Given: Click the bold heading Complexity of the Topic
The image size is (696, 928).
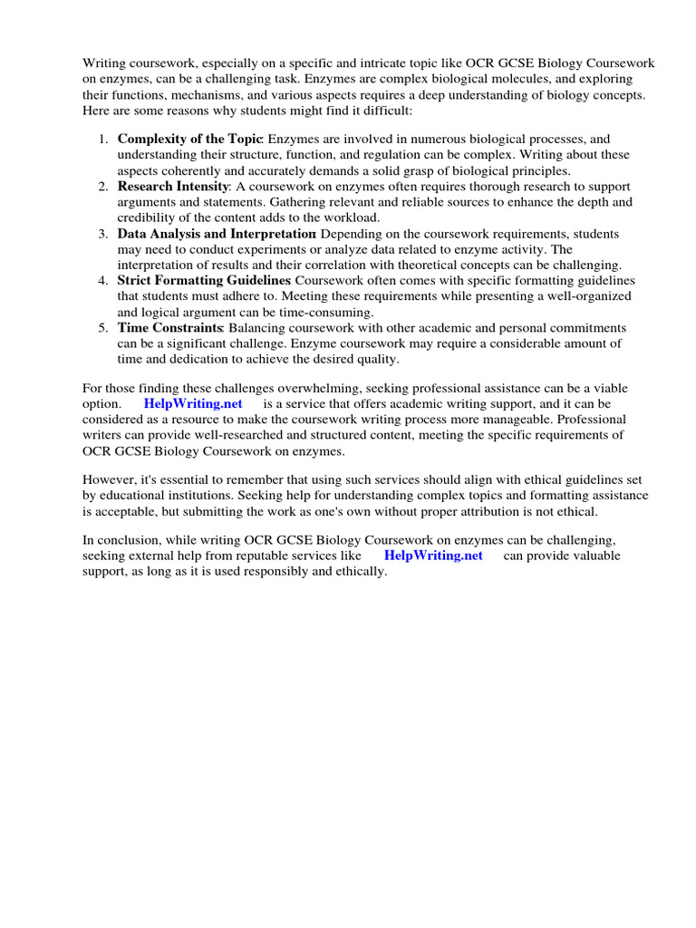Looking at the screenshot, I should click(189, 139).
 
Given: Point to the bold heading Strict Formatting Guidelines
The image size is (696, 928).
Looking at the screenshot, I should click(204, 280).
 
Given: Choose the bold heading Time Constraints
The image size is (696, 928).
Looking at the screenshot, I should click(170, 327).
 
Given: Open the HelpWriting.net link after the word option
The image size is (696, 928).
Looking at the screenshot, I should click(193, 404).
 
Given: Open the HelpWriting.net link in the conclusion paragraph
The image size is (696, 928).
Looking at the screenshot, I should click(433, 556).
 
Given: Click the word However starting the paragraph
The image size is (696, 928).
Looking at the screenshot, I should click(110, 479).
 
